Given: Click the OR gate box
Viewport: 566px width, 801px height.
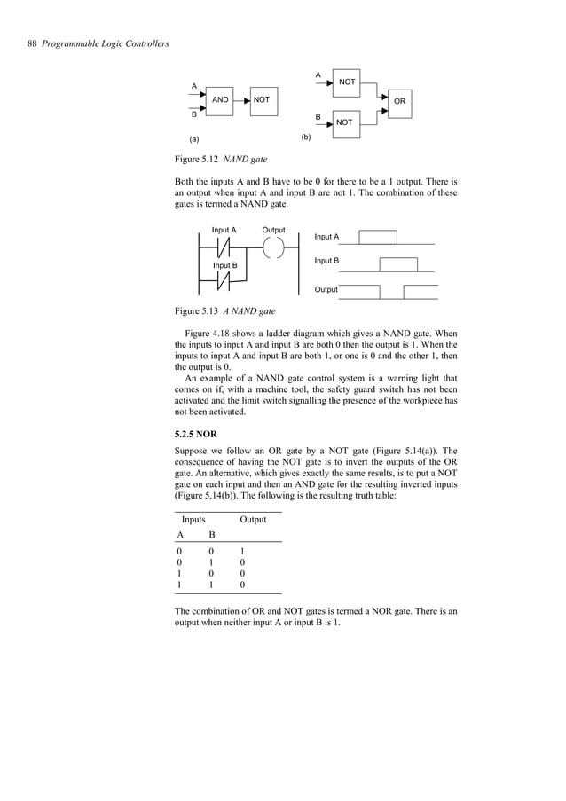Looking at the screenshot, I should pos(399,102).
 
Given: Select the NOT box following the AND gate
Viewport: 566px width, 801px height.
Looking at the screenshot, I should pos(262,100).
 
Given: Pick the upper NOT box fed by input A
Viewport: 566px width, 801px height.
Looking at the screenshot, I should pos(347,82).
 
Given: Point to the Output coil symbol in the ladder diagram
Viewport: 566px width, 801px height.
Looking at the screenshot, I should pos(273,247).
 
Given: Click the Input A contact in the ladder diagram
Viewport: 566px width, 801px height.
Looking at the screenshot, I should pos(224,247).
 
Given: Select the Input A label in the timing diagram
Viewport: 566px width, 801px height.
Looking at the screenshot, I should pos(327,237).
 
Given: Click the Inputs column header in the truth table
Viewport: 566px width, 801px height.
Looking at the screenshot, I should pos(195,519).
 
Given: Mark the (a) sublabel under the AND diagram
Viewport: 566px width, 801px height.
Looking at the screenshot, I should pos(195,140).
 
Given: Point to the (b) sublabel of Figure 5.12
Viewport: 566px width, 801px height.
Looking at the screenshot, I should pos(306,138).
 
